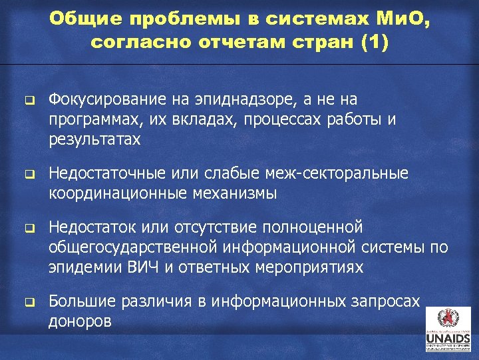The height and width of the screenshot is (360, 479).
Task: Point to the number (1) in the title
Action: point(372,43)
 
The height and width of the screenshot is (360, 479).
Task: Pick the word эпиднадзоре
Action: point(230,100)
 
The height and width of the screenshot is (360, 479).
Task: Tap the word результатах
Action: point(94,139)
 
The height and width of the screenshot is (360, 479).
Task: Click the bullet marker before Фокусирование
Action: point(29,101)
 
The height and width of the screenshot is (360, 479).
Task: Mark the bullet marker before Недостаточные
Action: point(29,175)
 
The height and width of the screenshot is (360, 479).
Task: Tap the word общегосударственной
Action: point(132,248)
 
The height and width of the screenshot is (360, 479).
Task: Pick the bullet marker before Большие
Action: point(29,303)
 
